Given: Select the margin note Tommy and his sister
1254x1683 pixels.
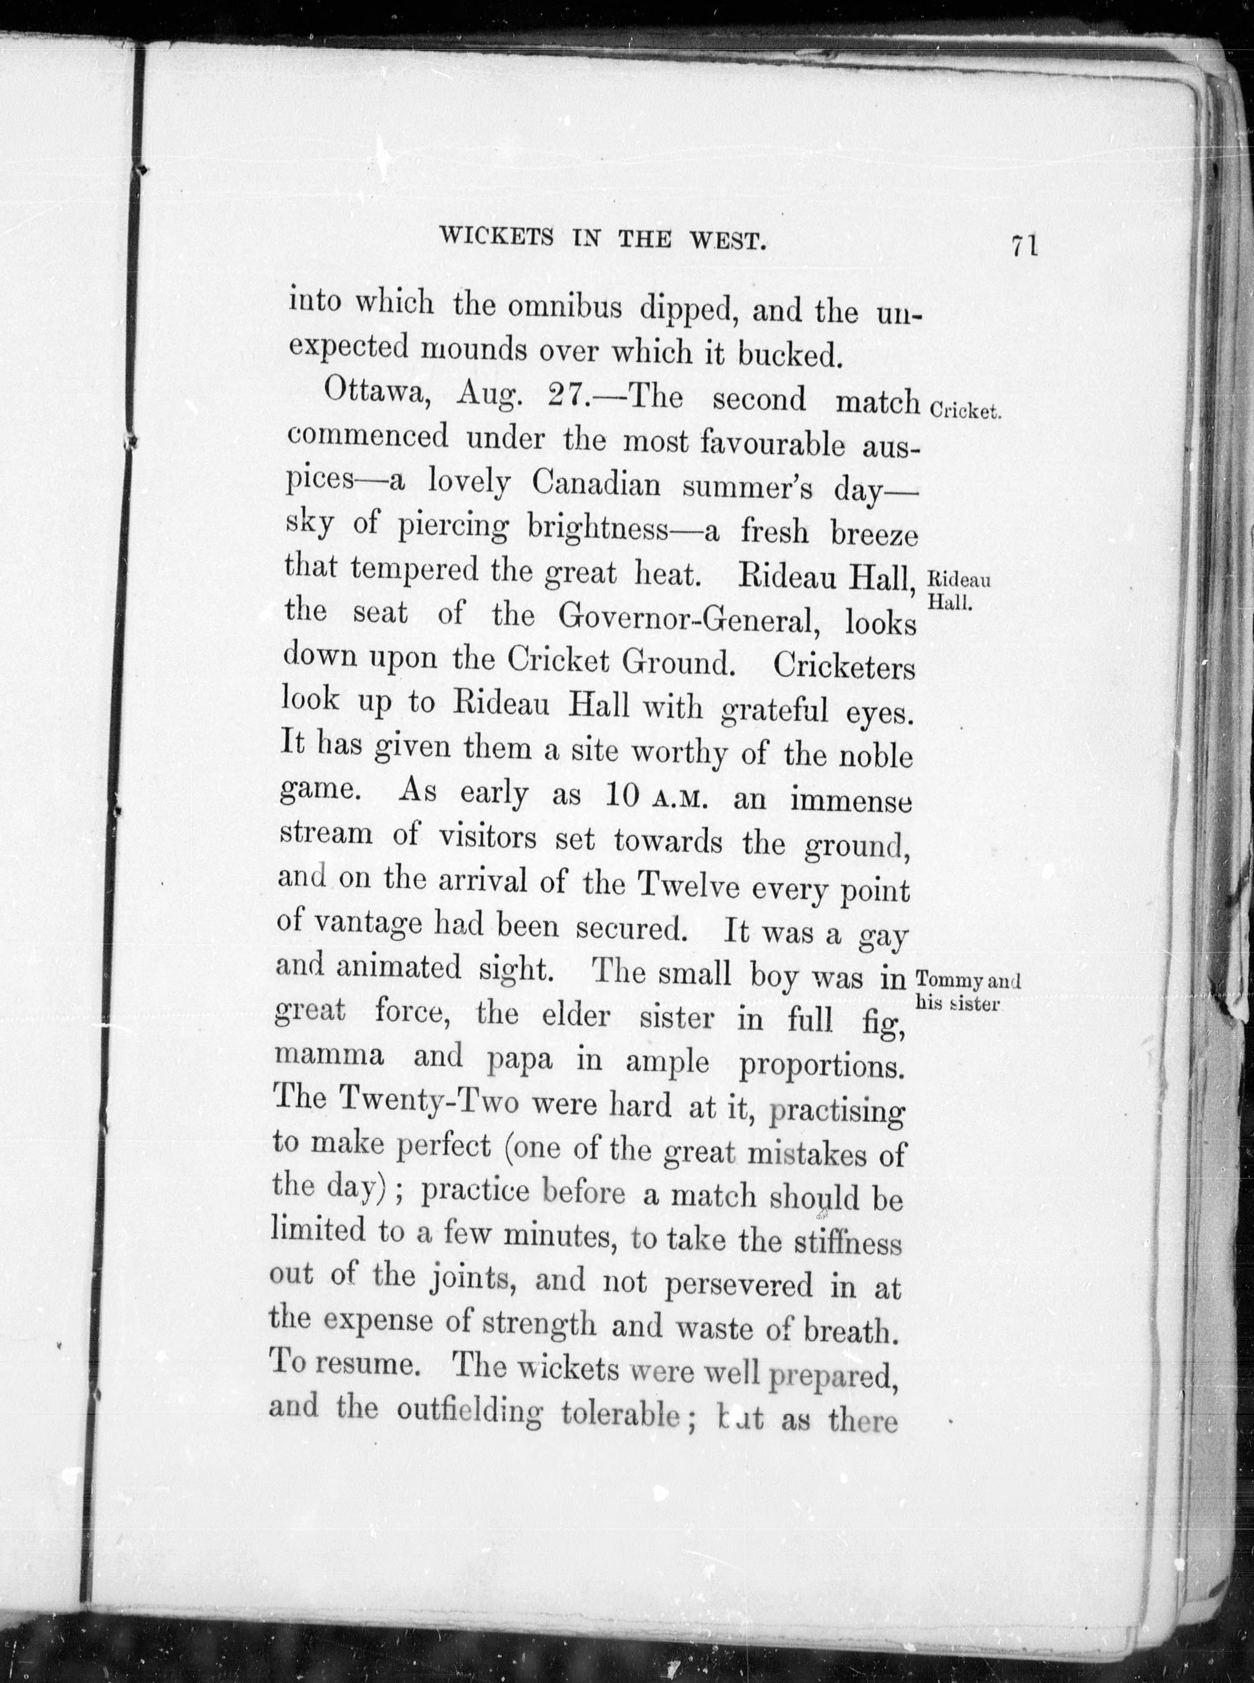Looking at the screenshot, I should (x=967, y=991).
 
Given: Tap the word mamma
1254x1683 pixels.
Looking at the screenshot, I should (x=329, y=1057).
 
